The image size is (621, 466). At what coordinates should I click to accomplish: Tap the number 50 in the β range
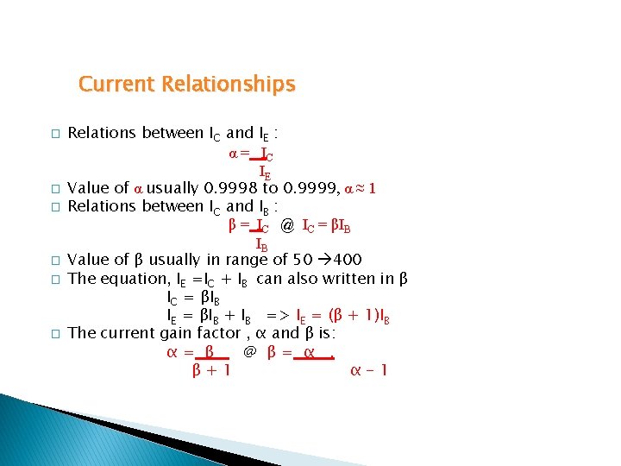[304, 260]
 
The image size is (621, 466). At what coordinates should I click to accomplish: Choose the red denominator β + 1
[210, 371]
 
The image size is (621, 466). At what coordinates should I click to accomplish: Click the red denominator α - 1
[370, 371]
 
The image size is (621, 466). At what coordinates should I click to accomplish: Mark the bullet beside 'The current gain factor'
[53, 333]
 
